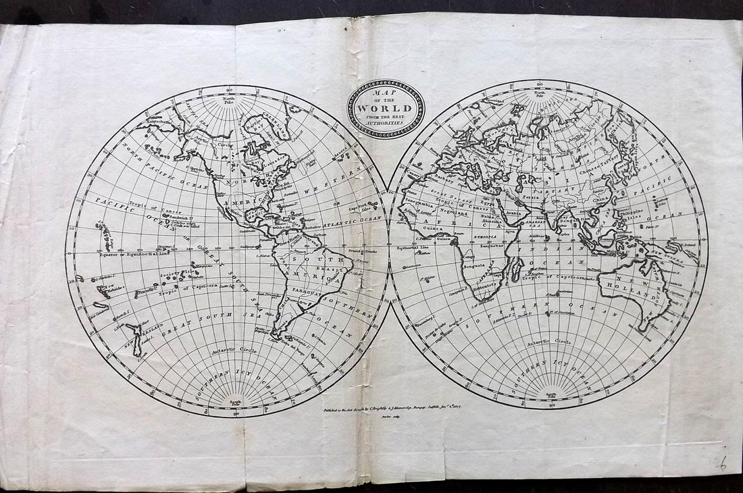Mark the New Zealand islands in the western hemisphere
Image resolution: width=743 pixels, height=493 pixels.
pyautogui.click(x=139, y=338)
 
